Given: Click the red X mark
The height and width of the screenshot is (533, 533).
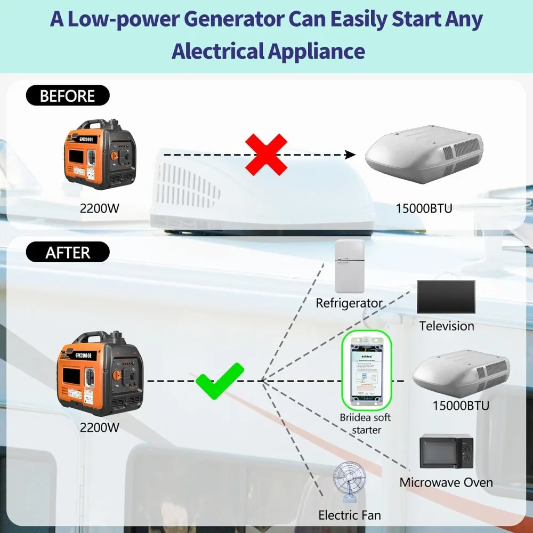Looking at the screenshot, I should click(266, 155).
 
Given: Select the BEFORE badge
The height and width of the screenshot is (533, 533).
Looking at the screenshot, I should click(67, 96).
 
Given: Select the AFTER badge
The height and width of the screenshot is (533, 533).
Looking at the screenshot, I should click(68, 252).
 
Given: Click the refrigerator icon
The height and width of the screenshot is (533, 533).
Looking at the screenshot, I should click(349, 266).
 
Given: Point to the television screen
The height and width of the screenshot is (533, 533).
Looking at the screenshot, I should click(446, 296).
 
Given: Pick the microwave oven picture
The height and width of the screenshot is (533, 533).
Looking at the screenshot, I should click(446, 451).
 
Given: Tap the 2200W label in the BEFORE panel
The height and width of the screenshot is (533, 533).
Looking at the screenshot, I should click(100, 208).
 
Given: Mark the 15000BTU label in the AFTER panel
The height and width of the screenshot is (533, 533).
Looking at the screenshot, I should click(461, 406).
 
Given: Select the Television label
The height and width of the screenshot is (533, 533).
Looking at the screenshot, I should click(446, 326).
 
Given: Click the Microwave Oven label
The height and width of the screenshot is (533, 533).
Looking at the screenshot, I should click(446, 483).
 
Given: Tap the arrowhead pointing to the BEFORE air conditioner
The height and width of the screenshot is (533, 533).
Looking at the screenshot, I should click(350, 155).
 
